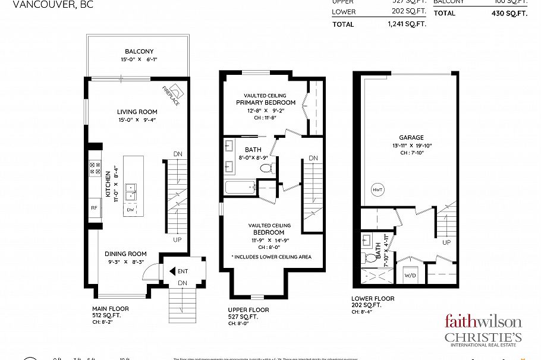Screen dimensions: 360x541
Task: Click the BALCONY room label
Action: [x=139, y=52]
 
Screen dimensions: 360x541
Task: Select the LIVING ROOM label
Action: [x=137, y=112]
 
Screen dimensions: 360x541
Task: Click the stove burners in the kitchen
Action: [x=95, y=168]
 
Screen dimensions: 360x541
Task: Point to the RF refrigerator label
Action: [x=94, y=208]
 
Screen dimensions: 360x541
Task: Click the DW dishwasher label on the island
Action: [x=131, y=210]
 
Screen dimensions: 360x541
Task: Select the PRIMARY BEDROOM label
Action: [x=266, y=102]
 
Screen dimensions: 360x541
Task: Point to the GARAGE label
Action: [x=411, y=137]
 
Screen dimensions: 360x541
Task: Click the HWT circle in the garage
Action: [x=377, y=190]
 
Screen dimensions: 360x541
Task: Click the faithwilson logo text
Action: [x=483, y=322]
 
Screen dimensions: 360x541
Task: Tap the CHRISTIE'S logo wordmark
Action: [x=483, y=337]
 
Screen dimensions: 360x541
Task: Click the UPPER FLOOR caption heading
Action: [x=249, y=310]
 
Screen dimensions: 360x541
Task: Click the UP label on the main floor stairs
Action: [x=177, y=240]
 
